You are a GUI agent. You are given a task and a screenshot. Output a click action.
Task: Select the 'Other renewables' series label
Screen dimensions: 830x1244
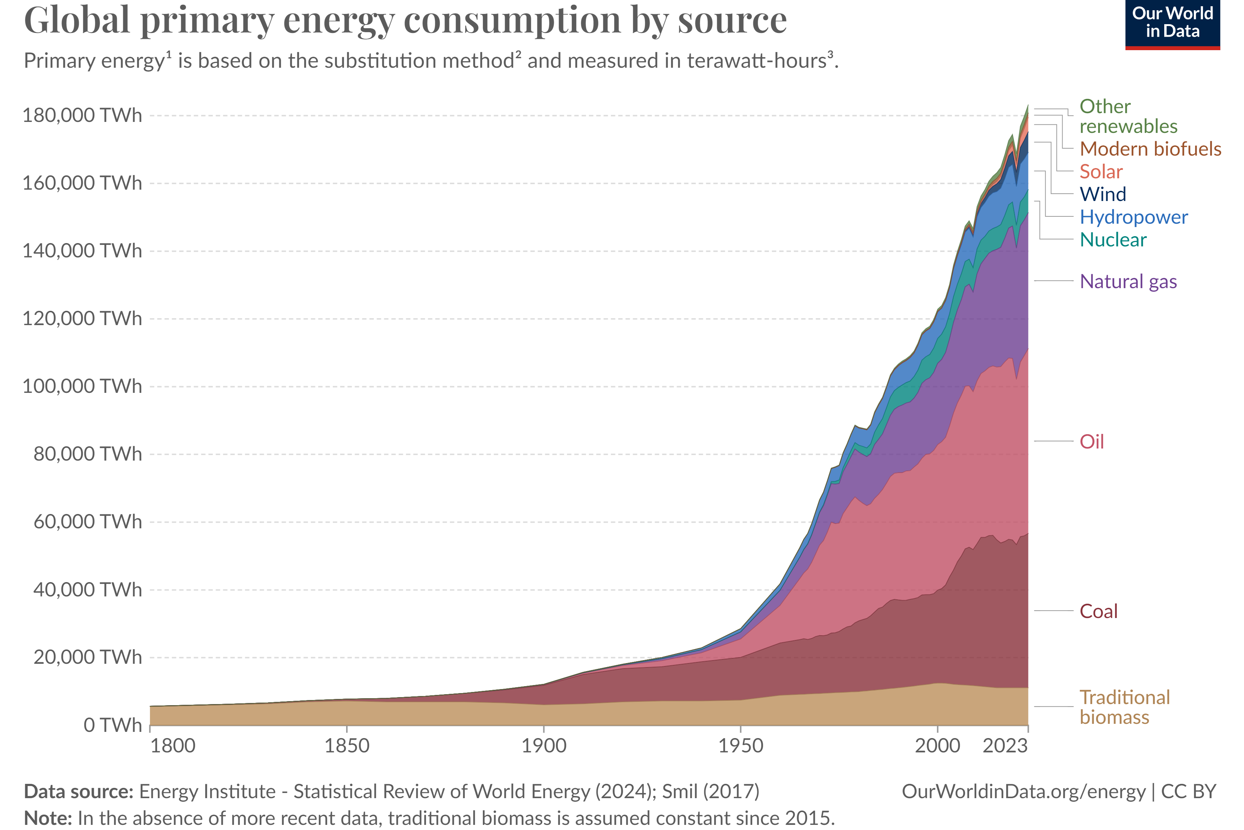pos(1128,116)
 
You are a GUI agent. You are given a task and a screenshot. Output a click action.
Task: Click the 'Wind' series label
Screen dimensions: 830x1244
pos(1102,194)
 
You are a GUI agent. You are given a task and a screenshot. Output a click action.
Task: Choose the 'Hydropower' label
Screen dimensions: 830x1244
pos(1134,217)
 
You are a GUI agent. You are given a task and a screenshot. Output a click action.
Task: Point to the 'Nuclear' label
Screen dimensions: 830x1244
pos(1112,240)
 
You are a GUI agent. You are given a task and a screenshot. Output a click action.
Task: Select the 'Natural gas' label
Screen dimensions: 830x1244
pos(1128,281)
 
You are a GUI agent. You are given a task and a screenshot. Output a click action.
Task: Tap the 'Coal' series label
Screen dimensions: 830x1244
pos(1098,611)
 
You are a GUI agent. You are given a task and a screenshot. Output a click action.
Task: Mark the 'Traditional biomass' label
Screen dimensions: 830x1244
pos(1124,707)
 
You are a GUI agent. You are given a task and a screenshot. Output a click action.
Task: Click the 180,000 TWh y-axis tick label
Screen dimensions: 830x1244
pos(82,115)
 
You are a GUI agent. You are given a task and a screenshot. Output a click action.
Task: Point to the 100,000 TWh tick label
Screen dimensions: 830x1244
pos(82,386)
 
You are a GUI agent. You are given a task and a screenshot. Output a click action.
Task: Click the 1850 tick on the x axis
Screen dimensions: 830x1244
pos(346,746)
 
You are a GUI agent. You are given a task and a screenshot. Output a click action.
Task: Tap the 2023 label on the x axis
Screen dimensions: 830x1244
pos(1004,746)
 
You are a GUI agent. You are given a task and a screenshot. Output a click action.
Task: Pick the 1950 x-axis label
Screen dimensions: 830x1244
pos(741,746)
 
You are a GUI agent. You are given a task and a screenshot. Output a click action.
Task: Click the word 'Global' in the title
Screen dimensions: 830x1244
pos(77,20)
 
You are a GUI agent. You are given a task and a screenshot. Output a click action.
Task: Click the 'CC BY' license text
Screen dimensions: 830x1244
pos(1188,791)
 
